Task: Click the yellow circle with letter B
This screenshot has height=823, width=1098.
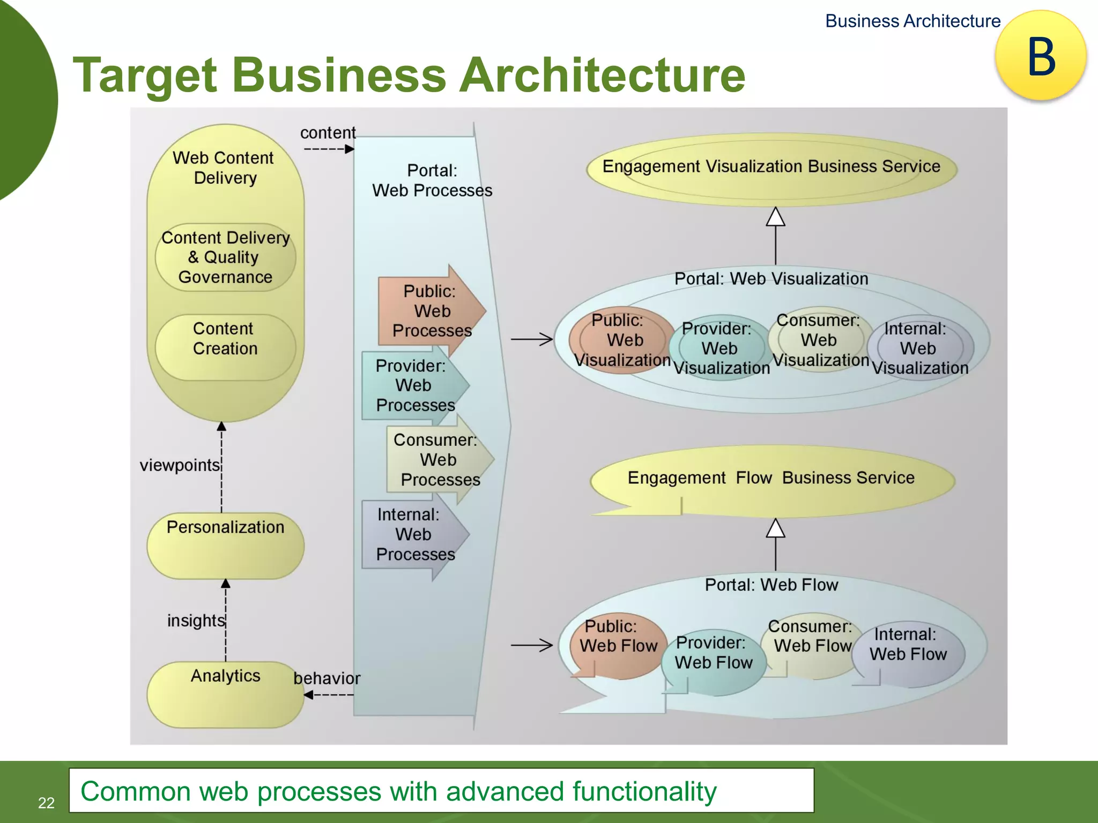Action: (x=1041, y=56)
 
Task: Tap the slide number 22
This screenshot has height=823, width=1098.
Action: (x=46, y=803)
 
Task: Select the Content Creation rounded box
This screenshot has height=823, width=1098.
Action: (x=225, y=347)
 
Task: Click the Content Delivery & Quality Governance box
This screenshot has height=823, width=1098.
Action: (x=225, y=258)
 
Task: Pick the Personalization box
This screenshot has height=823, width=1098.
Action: (x=225, y=545)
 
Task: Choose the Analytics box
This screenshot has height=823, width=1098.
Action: (x=225, y=694)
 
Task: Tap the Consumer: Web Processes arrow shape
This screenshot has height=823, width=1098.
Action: (x=437, y=460)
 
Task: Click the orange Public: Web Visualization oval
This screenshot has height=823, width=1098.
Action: (x=622, y=340)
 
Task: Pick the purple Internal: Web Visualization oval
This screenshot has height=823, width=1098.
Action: (x=919, y=348)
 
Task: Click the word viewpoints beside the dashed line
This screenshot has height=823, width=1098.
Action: (x=180, y=465)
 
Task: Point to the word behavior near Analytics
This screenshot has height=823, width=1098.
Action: (x=327, y=678)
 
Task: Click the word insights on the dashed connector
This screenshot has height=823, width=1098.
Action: (x=196, y=620)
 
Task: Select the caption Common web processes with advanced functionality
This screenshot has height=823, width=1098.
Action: (x=398, y=791)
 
